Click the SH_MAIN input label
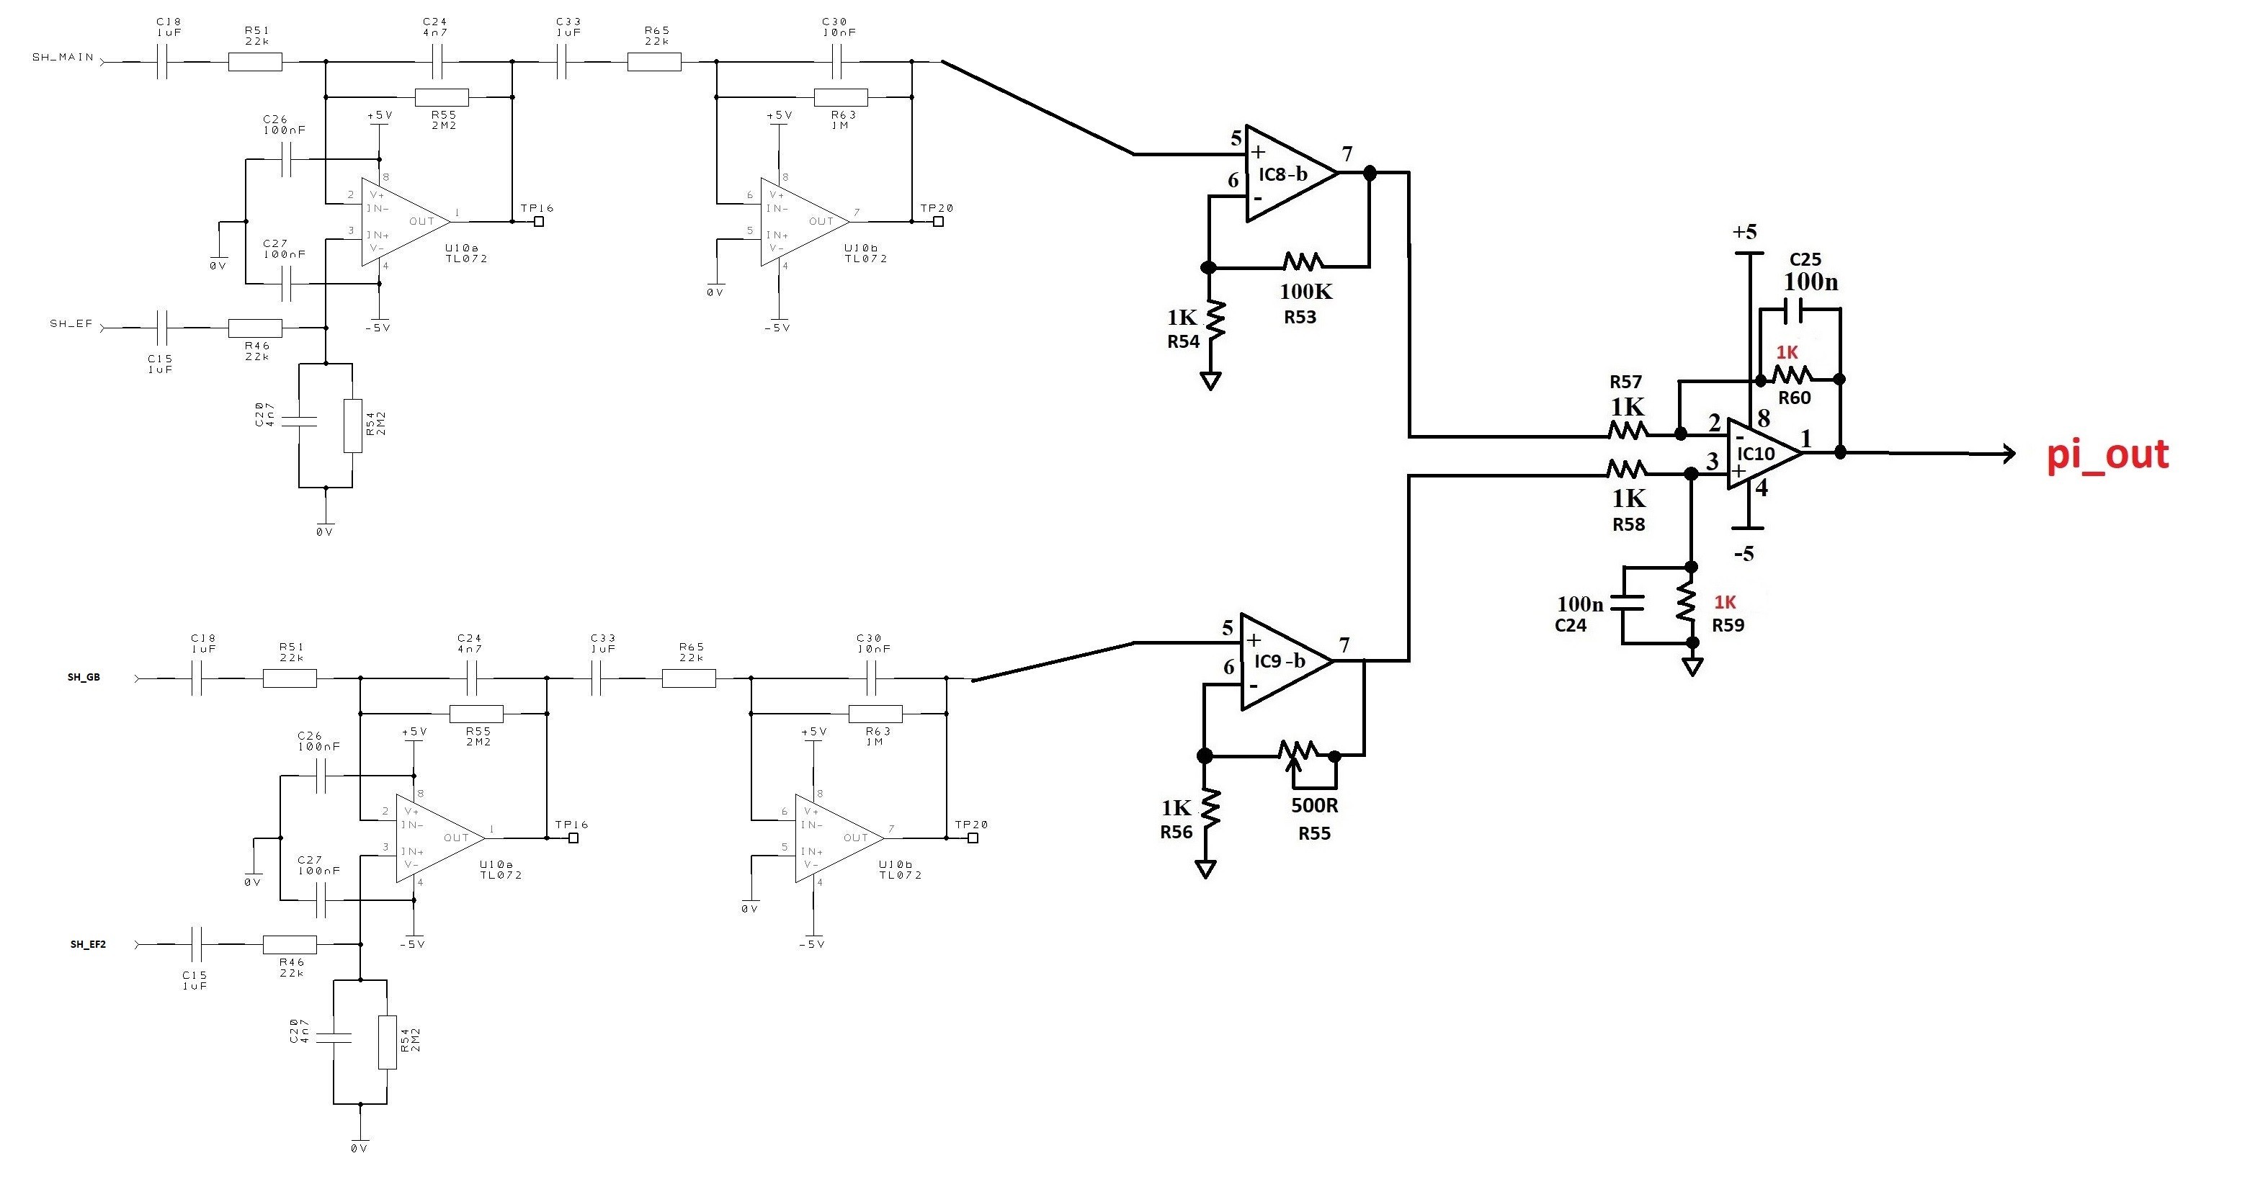pos(63,57)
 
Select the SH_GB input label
pos(84,677)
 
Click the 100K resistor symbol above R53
pos(1303,261)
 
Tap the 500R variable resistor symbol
pos(1298,753)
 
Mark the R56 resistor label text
pos(1177,832)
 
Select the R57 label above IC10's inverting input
pos(1625,381)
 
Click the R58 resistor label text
pos(1628,524)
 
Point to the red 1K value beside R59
pos(1725,602)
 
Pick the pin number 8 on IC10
pos(1764,418)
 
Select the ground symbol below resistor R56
pos(1205,869)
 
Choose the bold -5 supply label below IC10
pos(1744,554)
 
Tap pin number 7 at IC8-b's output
pos(1347,154)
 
